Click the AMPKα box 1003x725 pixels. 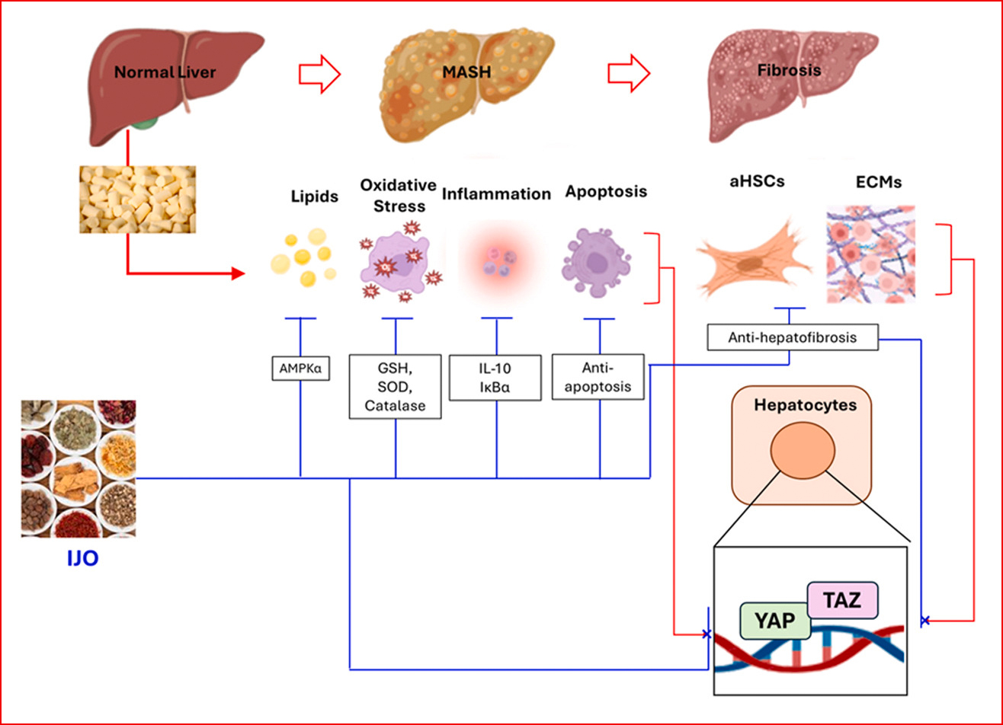(x=300, y=368)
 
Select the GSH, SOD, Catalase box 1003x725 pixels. (x=395, y=386)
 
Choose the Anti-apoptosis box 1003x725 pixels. (x=598, y=376)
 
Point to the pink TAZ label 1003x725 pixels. (x=843, y=600)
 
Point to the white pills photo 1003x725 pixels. (x=138, y=199)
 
